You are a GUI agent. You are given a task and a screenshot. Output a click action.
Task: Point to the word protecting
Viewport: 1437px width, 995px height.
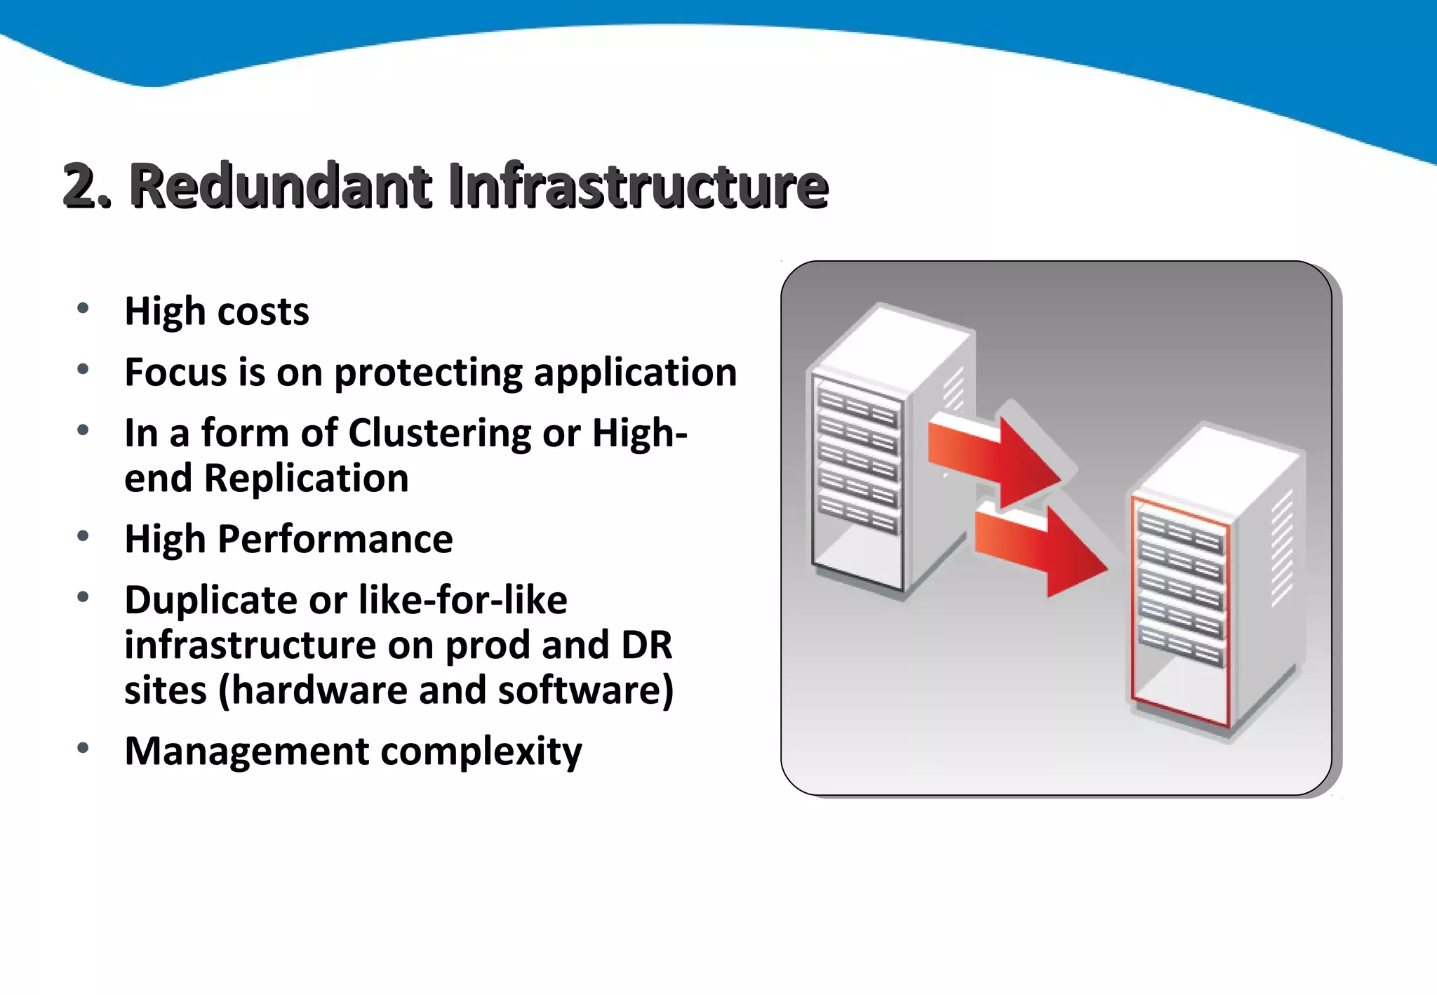click(x=428, y=373)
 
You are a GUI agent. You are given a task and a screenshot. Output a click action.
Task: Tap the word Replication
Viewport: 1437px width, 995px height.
click(x=306, y=479)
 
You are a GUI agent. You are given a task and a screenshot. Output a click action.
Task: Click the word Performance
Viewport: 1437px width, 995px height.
click(x=335, y=539)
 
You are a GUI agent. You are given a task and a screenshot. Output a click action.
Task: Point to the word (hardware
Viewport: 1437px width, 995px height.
click(x=312, y=690)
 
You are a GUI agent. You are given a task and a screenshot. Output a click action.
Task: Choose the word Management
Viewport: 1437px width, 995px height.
click(x=246, y=751)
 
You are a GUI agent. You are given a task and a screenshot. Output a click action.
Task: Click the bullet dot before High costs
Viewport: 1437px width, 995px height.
click(x=83, y=308)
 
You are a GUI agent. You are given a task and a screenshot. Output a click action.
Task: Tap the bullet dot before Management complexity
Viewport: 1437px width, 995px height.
click(x=83, y=748)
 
